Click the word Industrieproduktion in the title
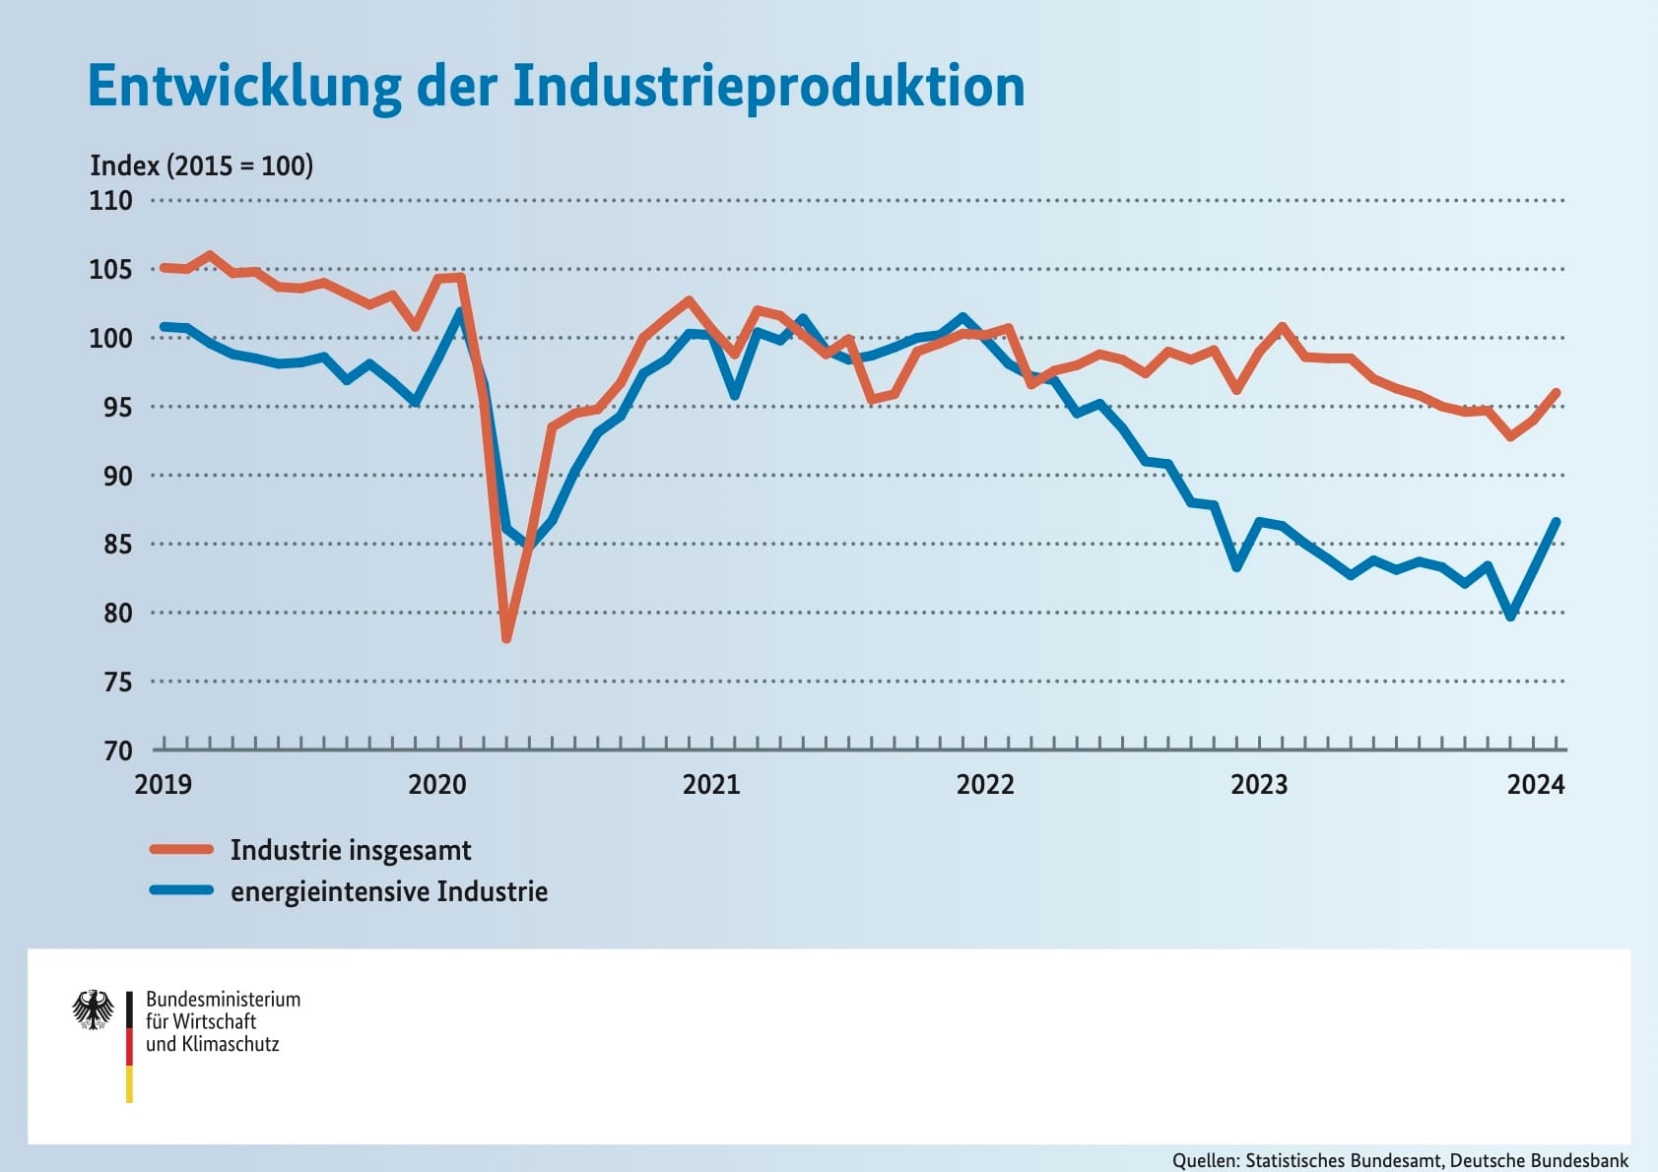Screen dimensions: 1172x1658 point(768,87)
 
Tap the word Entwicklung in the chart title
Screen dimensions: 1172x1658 point(244,87)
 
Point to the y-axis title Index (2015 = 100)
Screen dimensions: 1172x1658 point(202,165)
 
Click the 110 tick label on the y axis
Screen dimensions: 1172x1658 point(110,201)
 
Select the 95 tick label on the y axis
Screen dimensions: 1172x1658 point(110,407)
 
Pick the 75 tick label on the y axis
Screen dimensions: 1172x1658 point(117,682)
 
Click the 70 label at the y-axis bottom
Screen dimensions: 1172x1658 point(117,750)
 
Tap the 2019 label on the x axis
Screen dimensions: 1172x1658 point(164,784)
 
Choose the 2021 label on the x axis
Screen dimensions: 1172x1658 point(711,784)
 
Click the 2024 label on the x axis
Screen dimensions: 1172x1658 point(1535,784)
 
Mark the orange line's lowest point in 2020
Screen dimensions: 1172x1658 point(506,638)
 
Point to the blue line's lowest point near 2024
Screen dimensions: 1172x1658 point(1510,616)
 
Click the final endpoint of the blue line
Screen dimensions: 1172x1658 point(1557,522)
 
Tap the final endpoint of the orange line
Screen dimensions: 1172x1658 point(1557,392)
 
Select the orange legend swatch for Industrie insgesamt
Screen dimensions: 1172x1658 point(181,849)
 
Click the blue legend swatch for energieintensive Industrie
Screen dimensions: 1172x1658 point(181,890)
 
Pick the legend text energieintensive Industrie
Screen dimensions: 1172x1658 point(389,891)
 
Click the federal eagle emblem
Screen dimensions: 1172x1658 point(94,1009)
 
